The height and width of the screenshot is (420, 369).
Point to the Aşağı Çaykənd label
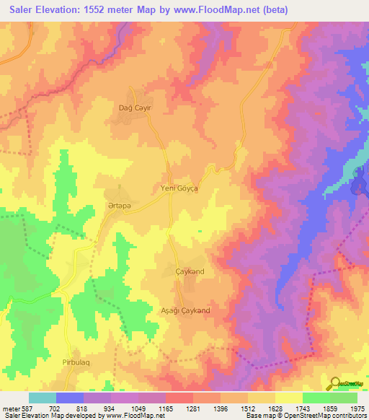point(185,310)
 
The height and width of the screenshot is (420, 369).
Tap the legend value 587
point(27,408)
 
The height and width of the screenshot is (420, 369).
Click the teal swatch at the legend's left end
point(43,398)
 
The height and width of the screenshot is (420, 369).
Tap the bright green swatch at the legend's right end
point(344,398)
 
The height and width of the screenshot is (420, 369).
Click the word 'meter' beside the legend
point(11,408)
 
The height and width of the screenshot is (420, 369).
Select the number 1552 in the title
point(105,9)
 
